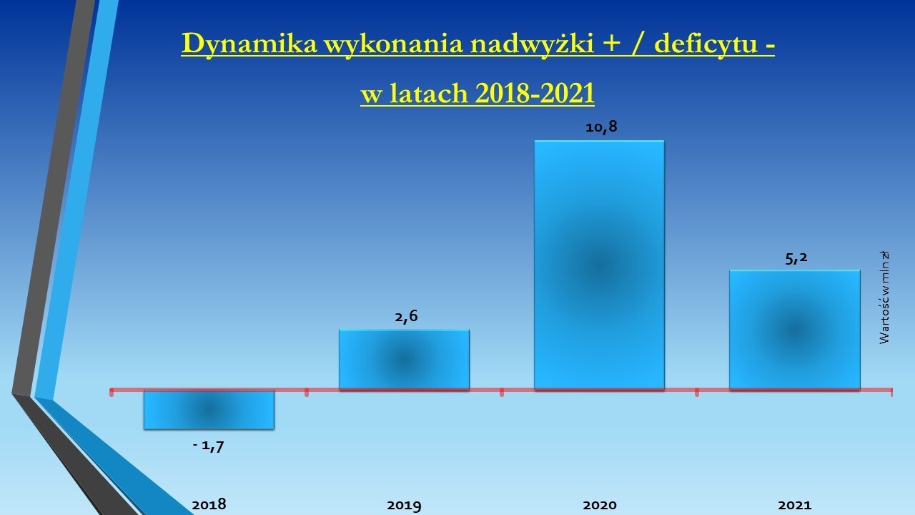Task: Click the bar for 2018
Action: pyautogui.click(x=209, y=410)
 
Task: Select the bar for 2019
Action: pyautogui.click(x=404, y=359)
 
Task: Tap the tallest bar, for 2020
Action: pyautogui.click(x=599, y=265)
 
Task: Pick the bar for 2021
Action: pyautogui.click(x=794, y=330)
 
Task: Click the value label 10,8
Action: pyautogui.click(x=601, y=127)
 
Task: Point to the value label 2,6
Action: pyautogui.click(x=406, y=316)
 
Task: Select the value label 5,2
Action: pyautogui.click(x=796, y=258)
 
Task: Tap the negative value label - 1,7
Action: pyautogui.click(x=208, y=446)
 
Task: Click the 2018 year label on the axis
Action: pyautogui.click(x=209, y=505)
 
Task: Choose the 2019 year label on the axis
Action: pyautogui.click(x=404, y=506)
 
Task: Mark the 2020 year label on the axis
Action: pyautogui.click(x=599, y=505)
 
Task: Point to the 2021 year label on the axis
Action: pyautogui.click(x=794, y=505)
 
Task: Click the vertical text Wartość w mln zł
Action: pyautogui.click(x=884, y=298)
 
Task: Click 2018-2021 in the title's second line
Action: pyautogui.click(x=535, y=93)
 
